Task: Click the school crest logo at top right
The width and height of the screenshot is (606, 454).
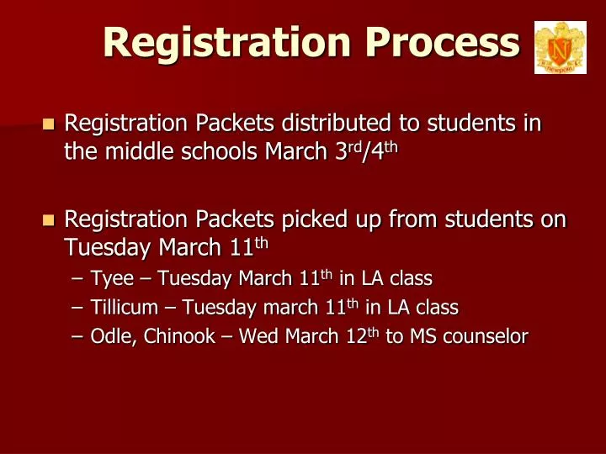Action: pyautogui.click(x=560, y=48)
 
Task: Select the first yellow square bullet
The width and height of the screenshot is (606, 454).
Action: pyautogui.click(x=48, y=125)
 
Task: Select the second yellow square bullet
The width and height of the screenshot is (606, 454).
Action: pyautogui.click(x=48, y=221)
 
